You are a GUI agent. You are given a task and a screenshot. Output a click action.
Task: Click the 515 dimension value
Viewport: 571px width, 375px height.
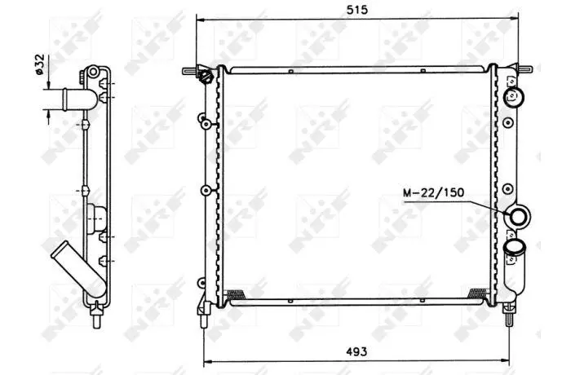click(357, 10)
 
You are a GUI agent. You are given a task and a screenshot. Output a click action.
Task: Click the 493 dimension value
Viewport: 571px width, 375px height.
click(356, 351)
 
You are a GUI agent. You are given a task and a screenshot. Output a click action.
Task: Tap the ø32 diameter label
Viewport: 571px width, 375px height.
click(39, 64)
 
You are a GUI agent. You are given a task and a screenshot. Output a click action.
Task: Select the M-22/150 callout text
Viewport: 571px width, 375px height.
click(433, 192)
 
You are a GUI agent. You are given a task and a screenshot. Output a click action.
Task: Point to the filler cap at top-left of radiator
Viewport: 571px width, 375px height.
click(206, 77)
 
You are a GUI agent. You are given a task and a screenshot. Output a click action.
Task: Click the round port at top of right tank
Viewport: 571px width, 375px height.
click(513, 97)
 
